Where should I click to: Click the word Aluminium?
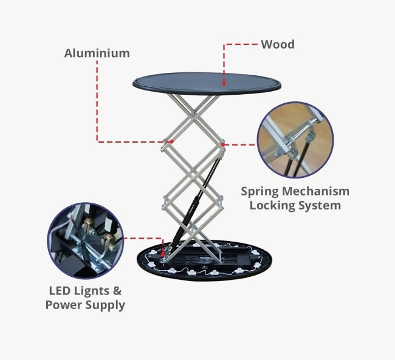point(97,53)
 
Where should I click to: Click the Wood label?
point(278,44)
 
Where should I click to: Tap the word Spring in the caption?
point(259,192)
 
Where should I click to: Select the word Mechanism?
point(315,191)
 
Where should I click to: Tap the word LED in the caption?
point(60,291)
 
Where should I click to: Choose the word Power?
point(64,305)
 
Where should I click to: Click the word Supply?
point(105,305)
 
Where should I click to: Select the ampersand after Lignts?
point(117,291)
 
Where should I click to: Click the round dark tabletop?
point(207,83)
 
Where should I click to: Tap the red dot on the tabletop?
point(224,83)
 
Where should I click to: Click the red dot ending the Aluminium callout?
point(171,141)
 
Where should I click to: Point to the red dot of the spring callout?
point(222,144)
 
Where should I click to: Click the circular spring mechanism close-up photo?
point(295,140)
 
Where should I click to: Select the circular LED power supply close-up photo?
point(86,241)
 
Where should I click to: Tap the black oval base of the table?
point(205,260)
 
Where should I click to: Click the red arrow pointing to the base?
point(163,250)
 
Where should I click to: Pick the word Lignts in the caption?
point(91,291)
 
